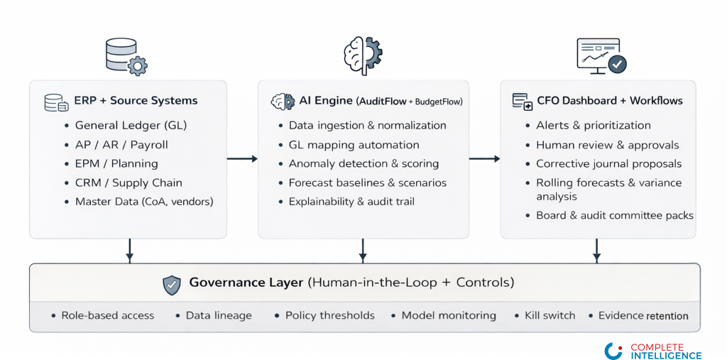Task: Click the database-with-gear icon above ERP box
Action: tap(126, 57)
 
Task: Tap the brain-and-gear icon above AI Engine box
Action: tap(362, 55)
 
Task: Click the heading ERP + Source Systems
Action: tap(136, 101)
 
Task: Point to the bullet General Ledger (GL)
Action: tap(131, 126)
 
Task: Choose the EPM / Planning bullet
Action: tap(116, 163)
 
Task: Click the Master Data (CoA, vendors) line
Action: tap(144, 202)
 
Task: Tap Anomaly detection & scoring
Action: tap(363, 163)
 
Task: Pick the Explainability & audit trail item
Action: tap(351, 202)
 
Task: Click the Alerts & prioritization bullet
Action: tap(593, 126)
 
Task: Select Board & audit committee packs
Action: tap(614, 215)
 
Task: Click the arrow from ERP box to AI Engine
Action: tap(242, 158)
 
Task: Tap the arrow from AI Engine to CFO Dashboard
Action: tap(484, 158)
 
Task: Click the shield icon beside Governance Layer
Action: tap(172, 285)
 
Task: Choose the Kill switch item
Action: tap(550, 315)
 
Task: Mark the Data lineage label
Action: tap(219, 315)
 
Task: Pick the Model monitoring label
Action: tap(449, 315)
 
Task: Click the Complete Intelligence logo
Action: tap(653, 350)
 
